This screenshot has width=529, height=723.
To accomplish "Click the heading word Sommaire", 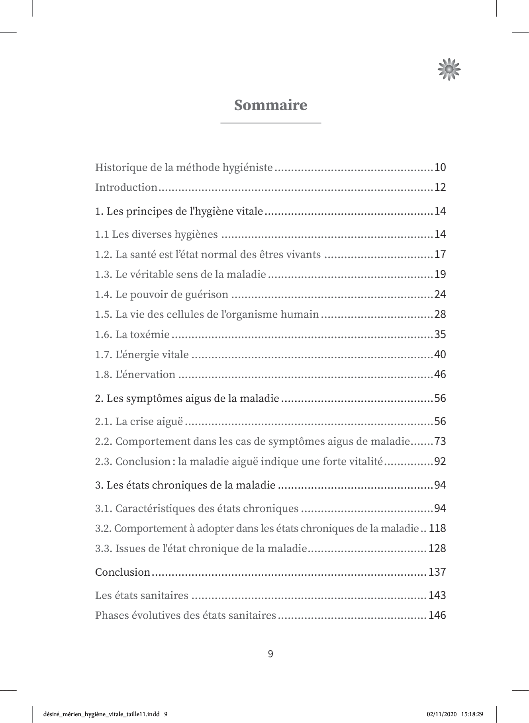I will (x=270, y=105).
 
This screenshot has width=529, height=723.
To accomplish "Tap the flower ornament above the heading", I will (x=449, y=69).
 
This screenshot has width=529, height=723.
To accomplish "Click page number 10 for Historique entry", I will (x=440, y=168).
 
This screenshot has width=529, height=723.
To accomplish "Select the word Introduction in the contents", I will (x=126, y=187).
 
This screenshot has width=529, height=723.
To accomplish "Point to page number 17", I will (x=440, y=254).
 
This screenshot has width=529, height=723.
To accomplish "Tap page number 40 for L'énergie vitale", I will (x=440, y=354).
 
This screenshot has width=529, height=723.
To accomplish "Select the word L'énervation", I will (x=145, y=375).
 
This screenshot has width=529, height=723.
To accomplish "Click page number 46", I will (x=440, y=375).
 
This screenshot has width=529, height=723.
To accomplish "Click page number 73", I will (x=440, y=442).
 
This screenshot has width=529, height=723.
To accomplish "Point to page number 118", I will (x=437, y=528).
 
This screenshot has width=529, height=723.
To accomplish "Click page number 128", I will (x=437, y=548).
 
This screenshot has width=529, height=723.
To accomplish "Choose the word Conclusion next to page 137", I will (x=123, y=572).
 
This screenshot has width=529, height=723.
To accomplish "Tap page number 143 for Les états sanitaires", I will (x=437, y=596).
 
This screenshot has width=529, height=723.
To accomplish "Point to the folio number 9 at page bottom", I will (x=270, y=654).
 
